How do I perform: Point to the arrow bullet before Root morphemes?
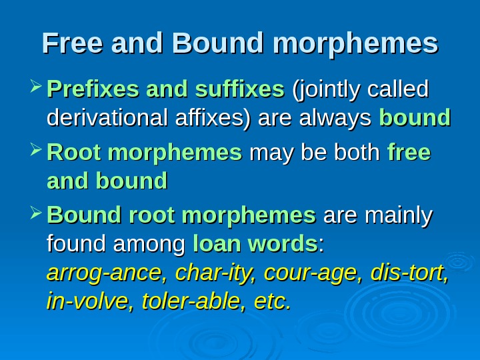pyautogui.click(x=36, y=154)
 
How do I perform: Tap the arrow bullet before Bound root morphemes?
pyautogui.click(x=36, y=215)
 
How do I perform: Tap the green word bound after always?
pyautogui.click(x=415, y=119)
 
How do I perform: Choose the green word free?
pyautogui.click(x=409, y=154)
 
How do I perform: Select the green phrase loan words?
pyautogui.click(x=255, y=245)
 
